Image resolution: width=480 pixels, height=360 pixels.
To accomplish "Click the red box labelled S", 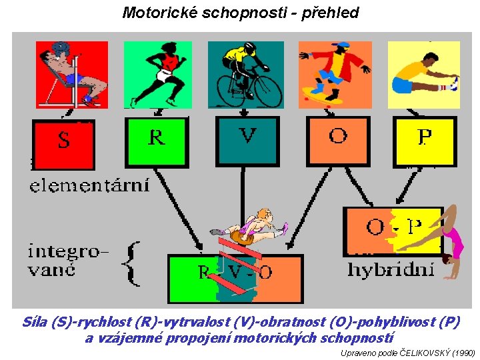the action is [64, 143].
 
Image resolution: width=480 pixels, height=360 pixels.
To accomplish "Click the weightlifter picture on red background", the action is [71, 74].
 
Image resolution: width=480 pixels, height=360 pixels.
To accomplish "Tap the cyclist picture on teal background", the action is [246, 74].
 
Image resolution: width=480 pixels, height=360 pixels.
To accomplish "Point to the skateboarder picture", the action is [335, 74].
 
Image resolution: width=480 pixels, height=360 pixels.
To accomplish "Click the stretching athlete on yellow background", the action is [424, 74].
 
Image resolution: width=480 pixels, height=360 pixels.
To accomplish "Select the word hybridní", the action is [391, 270].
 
